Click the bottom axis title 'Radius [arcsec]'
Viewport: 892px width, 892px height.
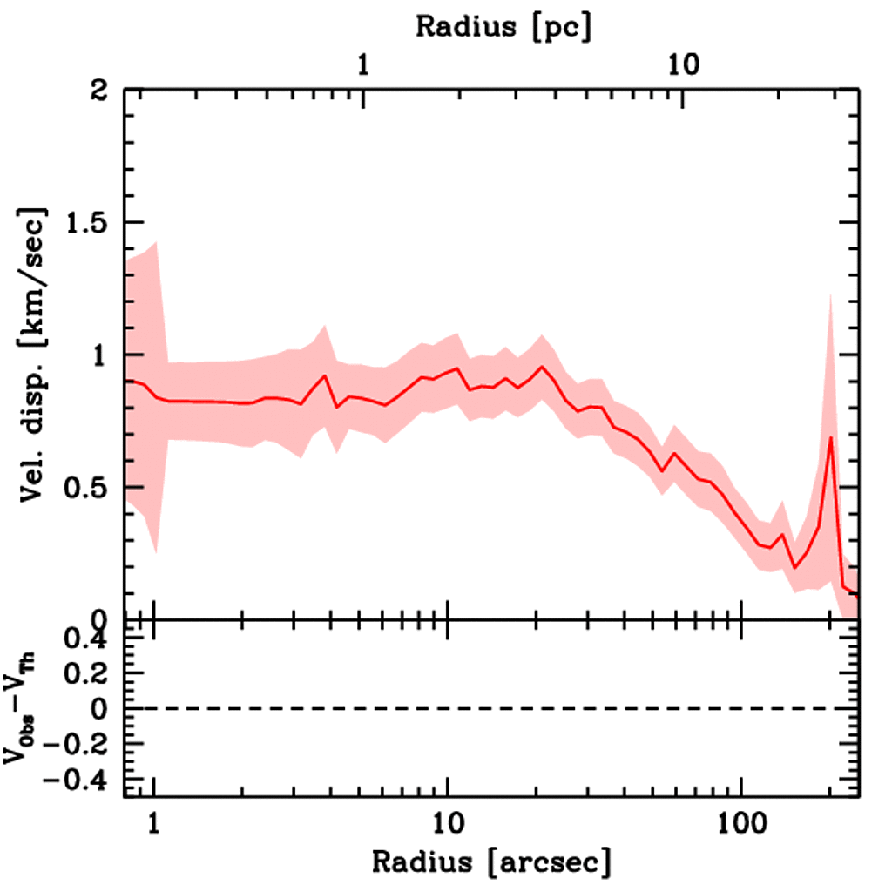pos(491,862)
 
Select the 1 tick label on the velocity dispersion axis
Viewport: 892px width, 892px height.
pos(103,355)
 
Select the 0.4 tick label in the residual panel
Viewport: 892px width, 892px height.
pos(87,640)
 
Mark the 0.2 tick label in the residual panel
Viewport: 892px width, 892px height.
pos(87,675)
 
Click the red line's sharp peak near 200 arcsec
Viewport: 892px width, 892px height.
pos(831,437)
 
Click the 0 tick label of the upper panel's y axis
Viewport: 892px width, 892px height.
pos(103,619)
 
